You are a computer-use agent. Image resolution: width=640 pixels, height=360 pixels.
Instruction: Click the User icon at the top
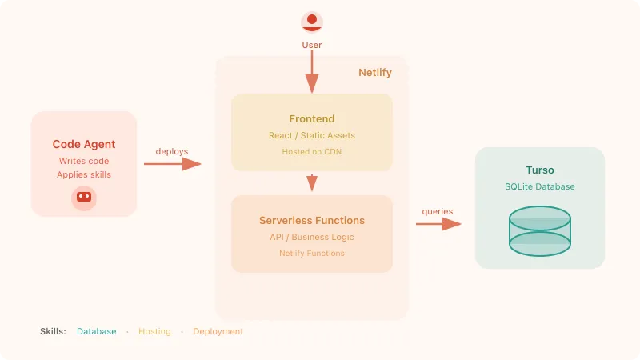coord(312,22)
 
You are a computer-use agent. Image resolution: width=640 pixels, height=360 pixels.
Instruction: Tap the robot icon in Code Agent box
coord(84,196)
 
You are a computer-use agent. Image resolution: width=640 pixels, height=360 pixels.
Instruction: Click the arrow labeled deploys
coord(172,164)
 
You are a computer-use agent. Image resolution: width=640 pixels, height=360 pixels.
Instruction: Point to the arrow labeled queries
coord(438,224)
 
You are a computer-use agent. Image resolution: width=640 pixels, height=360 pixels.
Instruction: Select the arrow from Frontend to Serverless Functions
coord(312,182)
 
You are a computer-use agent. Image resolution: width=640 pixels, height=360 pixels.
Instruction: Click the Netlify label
coord(374,73)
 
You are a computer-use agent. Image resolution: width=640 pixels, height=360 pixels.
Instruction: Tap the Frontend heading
coord(312,119)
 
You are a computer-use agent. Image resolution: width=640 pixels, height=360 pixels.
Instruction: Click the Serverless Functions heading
coord(312,220)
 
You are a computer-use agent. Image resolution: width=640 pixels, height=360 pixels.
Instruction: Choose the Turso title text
coord(540,170)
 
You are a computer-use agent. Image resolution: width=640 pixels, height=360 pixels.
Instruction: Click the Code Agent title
coord(84,145)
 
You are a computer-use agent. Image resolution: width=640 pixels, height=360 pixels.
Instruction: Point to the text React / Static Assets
coord(312,136)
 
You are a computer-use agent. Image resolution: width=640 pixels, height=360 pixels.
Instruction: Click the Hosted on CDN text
coord(312,151)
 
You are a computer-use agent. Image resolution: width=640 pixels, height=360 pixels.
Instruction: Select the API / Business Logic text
coord(312,237)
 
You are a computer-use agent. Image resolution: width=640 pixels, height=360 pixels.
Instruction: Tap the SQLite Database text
coord(540,186)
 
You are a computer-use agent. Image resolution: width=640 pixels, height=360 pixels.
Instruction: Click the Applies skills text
coord(84,174)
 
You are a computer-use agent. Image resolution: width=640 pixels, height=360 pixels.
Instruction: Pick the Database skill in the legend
coord(97,331)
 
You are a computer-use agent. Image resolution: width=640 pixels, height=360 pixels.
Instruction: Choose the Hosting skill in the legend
coord(154,331)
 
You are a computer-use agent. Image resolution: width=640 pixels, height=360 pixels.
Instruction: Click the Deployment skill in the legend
coord(218,331)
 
